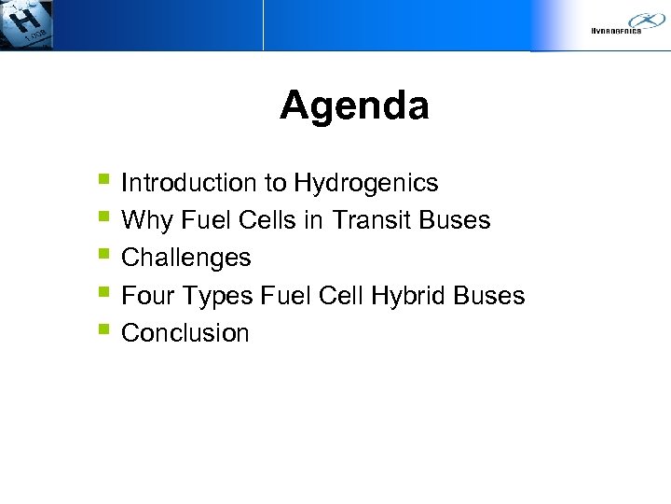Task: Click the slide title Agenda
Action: [354, 105]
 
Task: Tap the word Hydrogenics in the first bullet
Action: [366, 183]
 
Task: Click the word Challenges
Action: [186, 258]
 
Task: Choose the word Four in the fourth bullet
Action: [147, 296]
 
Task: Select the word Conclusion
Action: [185, 333]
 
